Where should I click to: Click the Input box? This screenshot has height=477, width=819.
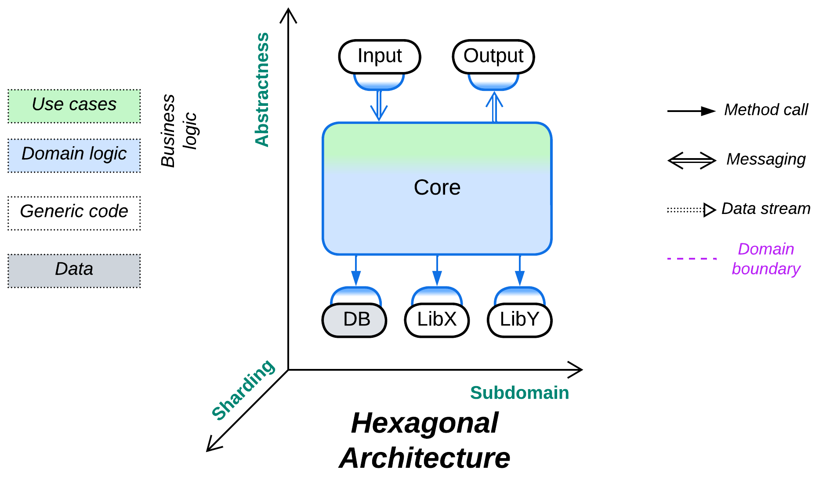tap(380, 57)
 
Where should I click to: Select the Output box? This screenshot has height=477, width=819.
tap(493, 57)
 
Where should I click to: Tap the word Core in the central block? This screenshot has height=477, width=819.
tap(437, 188)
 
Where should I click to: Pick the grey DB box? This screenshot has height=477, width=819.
tap(355, 320)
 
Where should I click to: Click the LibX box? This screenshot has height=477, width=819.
tap(437, 320)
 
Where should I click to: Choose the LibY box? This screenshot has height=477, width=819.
tap(519, 320)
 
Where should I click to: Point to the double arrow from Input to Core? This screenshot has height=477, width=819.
tap(379, 105)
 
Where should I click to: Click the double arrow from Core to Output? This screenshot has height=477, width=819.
tap(494, 107)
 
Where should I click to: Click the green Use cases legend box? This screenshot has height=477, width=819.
tap(74, 106)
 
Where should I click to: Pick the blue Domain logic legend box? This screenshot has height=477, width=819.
tap(74, 155)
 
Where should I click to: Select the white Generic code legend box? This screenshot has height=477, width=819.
tap(74, 213)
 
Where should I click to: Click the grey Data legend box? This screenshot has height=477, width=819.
tap(74, 271)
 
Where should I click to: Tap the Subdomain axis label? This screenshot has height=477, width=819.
tap(519, 393)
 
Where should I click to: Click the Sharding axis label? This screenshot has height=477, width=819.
tap(243, 390)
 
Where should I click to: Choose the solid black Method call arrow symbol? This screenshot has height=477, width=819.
tap(691, 111)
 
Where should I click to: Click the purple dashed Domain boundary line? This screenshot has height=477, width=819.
tap(692, 259)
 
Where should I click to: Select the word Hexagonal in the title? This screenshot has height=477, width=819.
tap(424, 423)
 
